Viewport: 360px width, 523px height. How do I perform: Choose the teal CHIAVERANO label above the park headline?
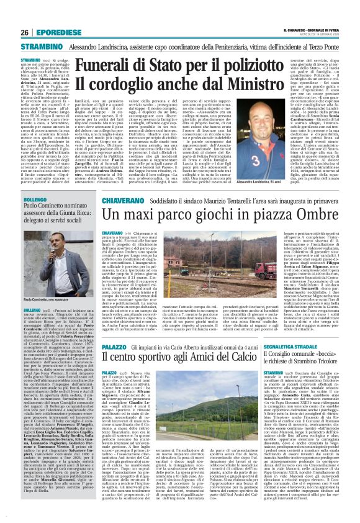point(108,202)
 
